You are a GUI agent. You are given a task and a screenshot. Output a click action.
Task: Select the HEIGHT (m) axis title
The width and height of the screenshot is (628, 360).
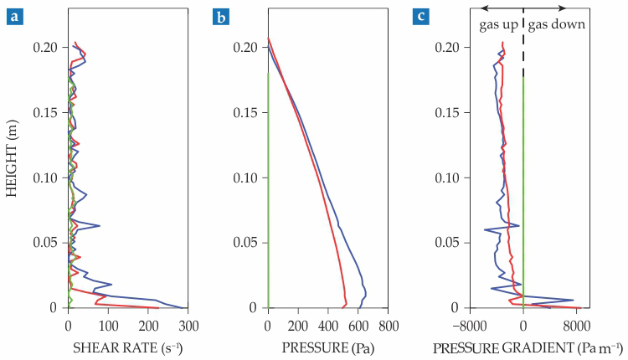pyautogui.click(x=12, y=159)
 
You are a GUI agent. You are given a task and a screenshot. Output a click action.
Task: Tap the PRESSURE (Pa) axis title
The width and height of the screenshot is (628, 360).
pyautogui.click(x=326, y=347)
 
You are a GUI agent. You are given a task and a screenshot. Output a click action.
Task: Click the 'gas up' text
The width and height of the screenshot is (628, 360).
pyautogui.click(x=497, y=25)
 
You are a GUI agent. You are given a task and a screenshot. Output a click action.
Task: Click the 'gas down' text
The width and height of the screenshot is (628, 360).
pyautogui.click(x=556, y=25)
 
